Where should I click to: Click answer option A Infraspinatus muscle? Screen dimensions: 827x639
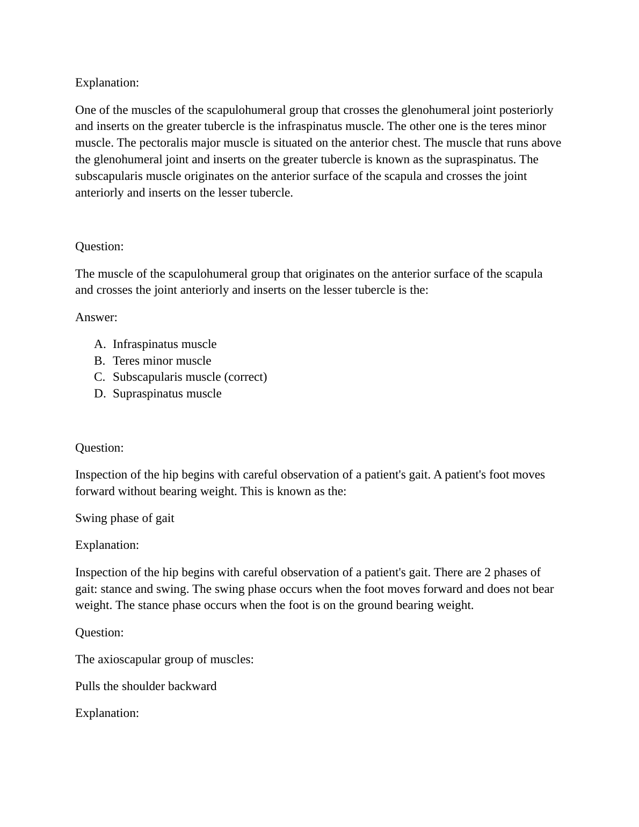point(164,344)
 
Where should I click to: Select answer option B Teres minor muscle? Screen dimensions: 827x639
point(162,361)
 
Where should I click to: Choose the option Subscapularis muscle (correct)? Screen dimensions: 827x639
point(190,377)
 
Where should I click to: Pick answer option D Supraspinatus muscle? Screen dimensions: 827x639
point(167,394)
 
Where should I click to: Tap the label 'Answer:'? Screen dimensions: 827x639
point(96,317)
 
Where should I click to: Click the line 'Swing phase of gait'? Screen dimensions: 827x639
point(125,518)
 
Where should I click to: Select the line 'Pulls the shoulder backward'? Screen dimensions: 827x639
point(146,686)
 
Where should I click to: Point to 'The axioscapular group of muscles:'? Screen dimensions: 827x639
point(164,659)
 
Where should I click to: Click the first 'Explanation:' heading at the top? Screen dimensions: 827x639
point(107,83)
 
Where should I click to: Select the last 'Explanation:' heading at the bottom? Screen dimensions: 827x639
point(107,713)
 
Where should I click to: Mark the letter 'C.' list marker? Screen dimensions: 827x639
point(99,377)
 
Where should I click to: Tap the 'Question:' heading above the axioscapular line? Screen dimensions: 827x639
point(99,633)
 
